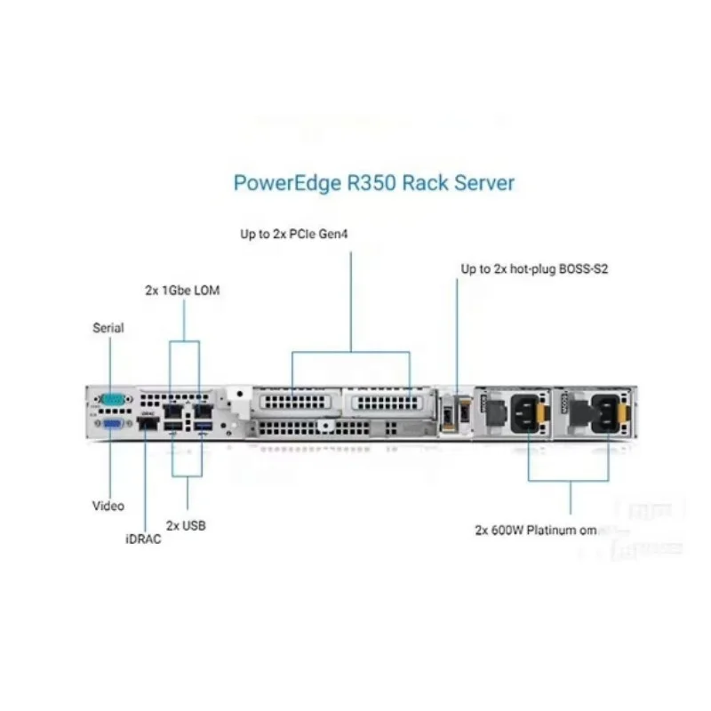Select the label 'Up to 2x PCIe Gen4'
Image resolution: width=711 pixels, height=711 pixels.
point(295,236)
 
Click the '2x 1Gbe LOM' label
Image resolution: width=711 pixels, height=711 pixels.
point(183,291)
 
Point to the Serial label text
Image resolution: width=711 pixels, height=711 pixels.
point(108,328)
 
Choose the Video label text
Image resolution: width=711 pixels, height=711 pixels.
point(108,506)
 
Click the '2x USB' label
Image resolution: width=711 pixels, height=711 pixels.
point(186,526)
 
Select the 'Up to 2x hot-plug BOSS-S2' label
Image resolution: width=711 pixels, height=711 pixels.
point(533,268)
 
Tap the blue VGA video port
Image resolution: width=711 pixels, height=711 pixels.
point(113,427)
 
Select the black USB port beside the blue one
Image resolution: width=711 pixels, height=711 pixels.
point(173,431)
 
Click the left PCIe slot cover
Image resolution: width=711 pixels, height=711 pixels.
point(293,402)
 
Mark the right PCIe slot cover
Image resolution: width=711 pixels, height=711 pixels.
point(383,402)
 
